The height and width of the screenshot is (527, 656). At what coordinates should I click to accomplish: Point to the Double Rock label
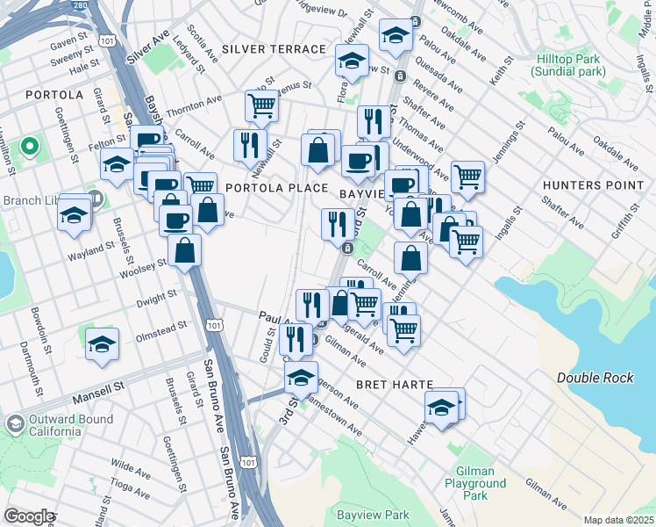coord(595,378)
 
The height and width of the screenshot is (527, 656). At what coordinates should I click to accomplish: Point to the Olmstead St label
coord(160,327)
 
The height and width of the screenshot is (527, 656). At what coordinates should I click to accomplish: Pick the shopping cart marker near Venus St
coord(262,106)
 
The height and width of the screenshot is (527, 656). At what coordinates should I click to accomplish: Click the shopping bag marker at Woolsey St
coord(185,251)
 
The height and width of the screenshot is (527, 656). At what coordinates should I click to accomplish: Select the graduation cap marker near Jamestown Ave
coord(301,378)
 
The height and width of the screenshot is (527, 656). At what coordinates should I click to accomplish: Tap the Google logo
coord(29,516)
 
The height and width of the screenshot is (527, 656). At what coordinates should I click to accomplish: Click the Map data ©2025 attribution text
coord(618,520)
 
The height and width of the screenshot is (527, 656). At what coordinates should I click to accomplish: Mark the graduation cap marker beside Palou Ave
coord(396,37)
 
